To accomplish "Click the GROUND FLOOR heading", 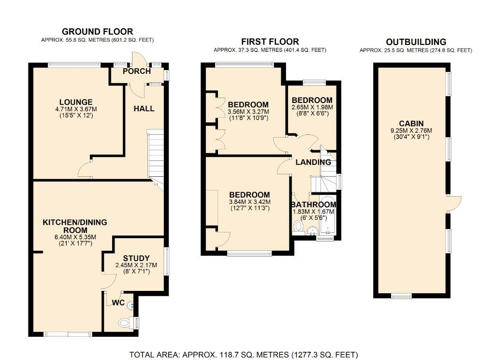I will [98, 31].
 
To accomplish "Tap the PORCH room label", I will [137, 72].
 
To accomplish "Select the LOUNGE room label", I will [76, 102].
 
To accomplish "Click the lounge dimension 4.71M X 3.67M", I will [76, 109].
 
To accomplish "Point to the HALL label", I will [144, 108].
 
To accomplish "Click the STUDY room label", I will [136, 258].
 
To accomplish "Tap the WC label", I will [118, 303].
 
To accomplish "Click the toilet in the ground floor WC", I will [125, 322].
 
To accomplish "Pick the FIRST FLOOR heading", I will [270, 42].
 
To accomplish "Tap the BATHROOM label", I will [314, 204].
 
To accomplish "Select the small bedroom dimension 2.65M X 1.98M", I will [312, 107].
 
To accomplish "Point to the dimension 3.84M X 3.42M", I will [249, 202].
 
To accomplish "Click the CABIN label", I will [412, 123].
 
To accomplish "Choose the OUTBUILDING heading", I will [415, 42].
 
